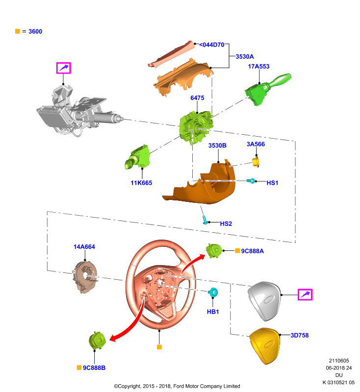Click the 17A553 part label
click(258, 67)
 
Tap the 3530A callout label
click(244, 57)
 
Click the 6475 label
click(197, 98)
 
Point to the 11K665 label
click(141, 183)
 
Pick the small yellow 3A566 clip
click(256, 162)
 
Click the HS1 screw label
click(272, 183)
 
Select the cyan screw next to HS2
click(206, 220)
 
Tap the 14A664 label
click(84, 247)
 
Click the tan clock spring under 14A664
click(85, 277)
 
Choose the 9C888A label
click(252, 251)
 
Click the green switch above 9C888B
click(97, 341)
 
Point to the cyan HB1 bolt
click(213, 292)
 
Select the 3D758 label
click(300, 336)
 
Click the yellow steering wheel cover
click(265, 346)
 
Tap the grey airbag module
click(264, 301)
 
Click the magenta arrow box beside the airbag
click(305, 295)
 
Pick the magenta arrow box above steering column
click(64, 68)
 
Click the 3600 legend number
click(35, 31)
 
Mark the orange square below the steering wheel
click(159, 347)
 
